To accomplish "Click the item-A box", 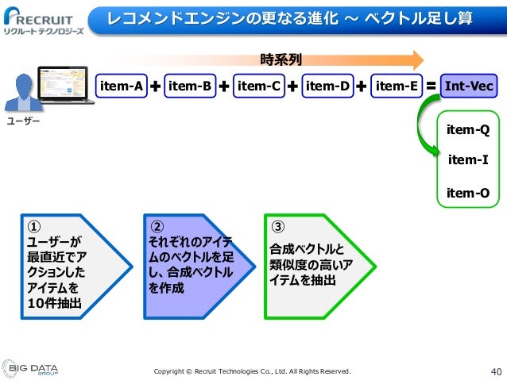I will pos(121,85).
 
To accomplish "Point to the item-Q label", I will pos(468,129).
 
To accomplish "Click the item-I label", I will pos(468,160).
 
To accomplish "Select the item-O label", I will pos(468,192).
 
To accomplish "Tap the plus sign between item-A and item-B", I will pos(155,86).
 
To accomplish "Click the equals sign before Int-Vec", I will pos(431,85).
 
